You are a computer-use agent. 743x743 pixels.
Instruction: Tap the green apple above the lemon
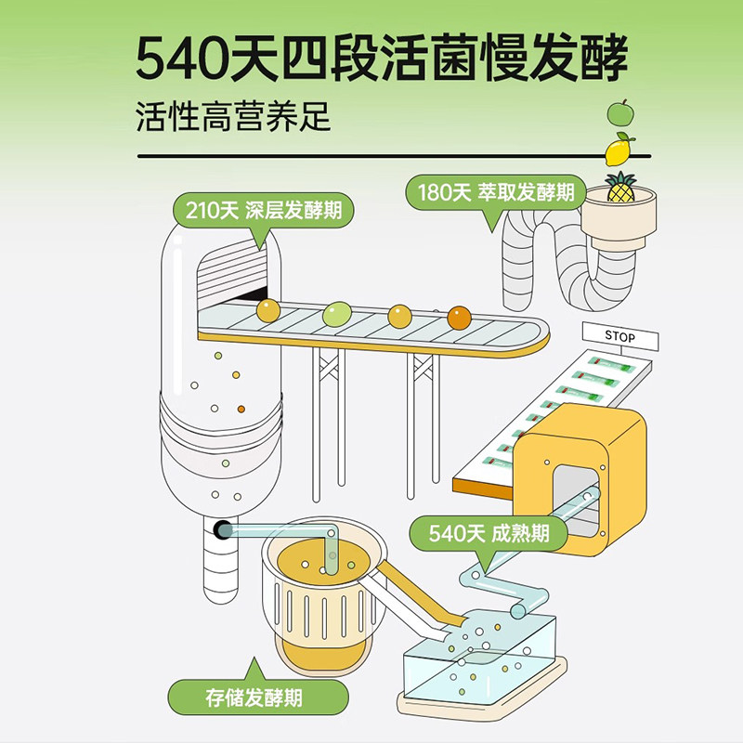click(619, 113)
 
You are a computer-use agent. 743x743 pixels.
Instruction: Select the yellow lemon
click(619, 149)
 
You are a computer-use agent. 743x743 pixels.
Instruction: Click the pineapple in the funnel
click(619, 189)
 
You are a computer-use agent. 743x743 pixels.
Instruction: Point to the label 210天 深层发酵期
click(263, 209)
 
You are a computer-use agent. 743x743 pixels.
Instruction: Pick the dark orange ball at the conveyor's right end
click(459, 318)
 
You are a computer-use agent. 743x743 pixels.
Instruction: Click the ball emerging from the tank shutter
click(267, 310)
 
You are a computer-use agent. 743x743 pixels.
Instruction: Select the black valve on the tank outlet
click(223, 530)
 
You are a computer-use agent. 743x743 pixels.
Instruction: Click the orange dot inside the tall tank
click(241, 408)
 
